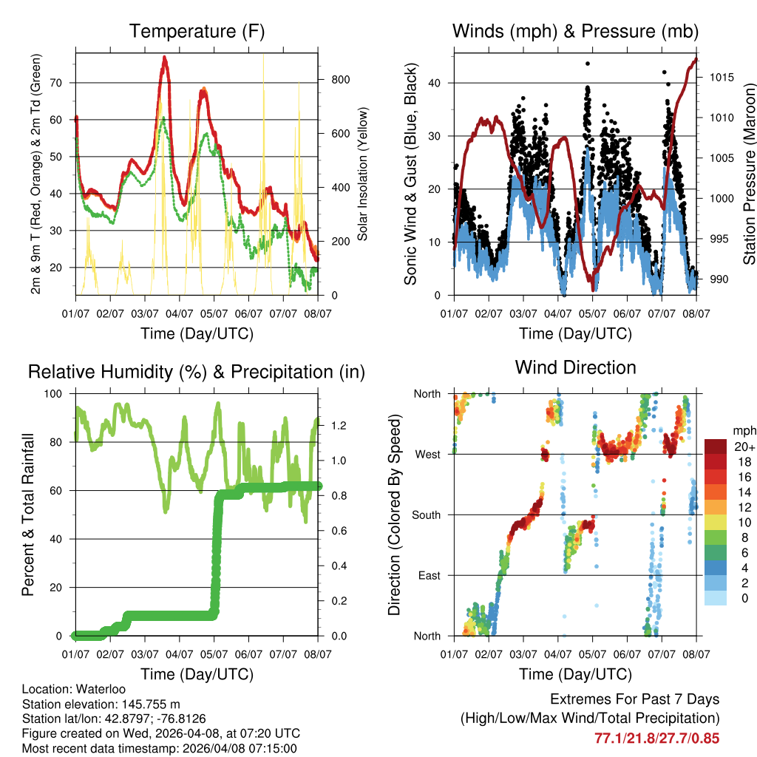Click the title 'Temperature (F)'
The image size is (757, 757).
tap(197, 31)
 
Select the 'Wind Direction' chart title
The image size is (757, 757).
tap(575, 367)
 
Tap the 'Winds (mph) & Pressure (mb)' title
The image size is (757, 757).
tap(575, 31)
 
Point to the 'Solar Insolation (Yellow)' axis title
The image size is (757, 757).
tap(362, 174)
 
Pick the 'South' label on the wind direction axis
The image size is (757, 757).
tap(425, 515)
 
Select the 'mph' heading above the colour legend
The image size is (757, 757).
tap(743, 430)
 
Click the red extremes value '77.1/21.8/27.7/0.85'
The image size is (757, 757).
tap(656, 738)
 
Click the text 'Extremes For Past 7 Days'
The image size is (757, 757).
tap(634, 699)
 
